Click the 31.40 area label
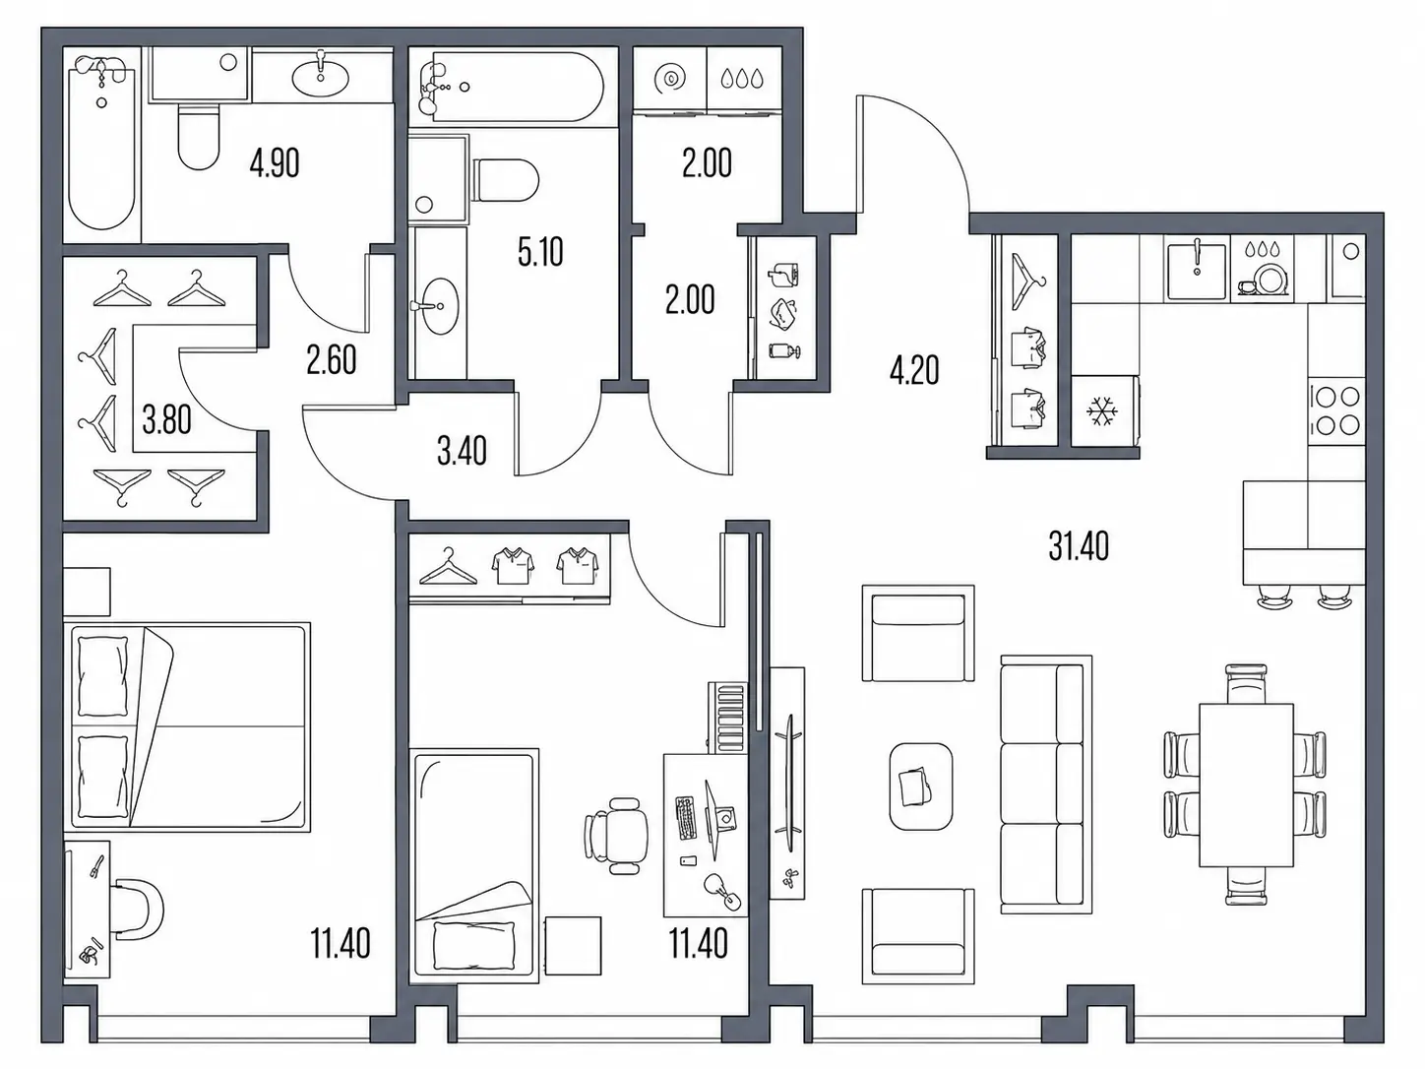[x=1079, y=546]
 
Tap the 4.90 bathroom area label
[x=274, y=163]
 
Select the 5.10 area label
[x=540, y=252]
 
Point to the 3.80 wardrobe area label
[x=167, y=420]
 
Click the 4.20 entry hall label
[x=914, y=371]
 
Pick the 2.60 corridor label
[x=331, y=361]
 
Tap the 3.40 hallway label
[x=462, y=452]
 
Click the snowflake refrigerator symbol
[x=1102, y=411]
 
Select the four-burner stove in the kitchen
[x=1336, y=410]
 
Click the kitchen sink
[x=1198, y=272]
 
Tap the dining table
[x=1246, y=785]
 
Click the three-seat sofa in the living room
[x=1046, y=785]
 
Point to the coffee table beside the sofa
[x=920, y=786]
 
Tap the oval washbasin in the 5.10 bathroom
[x=435, y=305]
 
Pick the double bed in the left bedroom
[x=187, y=727]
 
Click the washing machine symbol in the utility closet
[x=670, y=79]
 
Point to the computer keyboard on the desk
[x=686, y=817]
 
